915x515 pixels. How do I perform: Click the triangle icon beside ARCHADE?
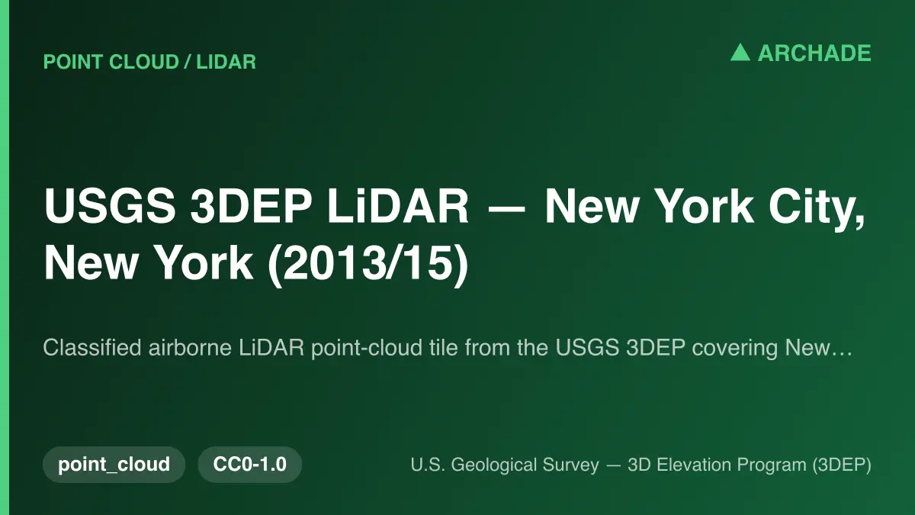(x=740, y=53)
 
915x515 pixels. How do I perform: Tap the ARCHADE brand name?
(x=814, y=53)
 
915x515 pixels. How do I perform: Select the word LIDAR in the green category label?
(x=226, y=62)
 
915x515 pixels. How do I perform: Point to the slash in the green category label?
(x=187, y=62)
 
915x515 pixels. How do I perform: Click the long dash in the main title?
(x=506, y=208)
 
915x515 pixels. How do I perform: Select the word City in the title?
(x=817, y=208)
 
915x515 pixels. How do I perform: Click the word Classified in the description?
(x=92, y=347)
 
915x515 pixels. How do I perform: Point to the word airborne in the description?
(x=190, y=347)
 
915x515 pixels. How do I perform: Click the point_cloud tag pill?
(x=114, y=465)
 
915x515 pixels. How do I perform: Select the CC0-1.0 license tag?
(x=250, y=465)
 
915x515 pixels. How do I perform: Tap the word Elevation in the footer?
(x=695, y=465)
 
